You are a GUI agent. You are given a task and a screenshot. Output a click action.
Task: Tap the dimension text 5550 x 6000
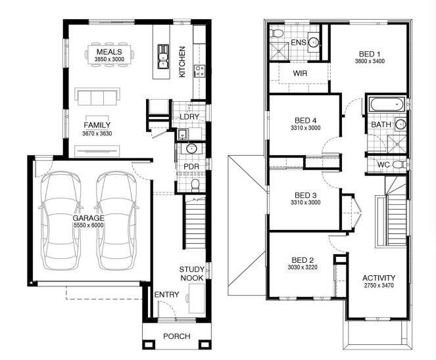(x=88, y=225)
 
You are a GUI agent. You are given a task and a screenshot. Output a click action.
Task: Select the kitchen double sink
(x=162, y=56)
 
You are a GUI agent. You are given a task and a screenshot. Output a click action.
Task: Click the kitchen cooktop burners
(x=199, y=70)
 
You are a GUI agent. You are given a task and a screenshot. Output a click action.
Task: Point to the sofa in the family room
(x=97, y=97)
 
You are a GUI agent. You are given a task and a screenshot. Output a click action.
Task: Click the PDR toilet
(x=195, y=185)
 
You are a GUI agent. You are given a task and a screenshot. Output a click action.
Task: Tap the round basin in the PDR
(x=191, y=149)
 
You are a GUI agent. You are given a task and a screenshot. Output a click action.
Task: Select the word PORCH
(x=176, y=336)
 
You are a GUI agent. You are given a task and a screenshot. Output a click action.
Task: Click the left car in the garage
(x=61, y=221)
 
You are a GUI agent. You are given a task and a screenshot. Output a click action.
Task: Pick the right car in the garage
(x=117, y=221)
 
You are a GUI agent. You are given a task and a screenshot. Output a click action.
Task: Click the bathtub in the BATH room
(x=387, y=104)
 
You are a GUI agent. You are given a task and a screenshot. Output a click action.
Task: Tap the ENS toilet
(x=277, y=33)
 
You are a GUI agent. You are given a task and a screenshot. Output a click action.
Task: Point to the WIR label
(x=300, y=74)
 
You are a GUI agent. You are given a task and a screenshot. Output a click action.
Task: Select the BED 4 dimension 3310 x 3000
(x=305, y=128)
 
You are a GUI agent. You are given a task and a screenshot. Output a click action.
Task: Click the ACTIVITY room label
(x=379, y=278)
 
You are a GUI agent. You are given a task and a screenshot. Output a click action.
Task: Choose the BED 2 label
(x=303, y=260)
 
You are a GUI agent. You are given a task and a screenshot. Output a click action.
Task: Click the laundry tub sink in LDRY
(x=182, y=134)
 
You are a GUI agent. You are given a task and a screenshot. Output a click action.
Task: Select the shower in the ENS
(x=279, y=51)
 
